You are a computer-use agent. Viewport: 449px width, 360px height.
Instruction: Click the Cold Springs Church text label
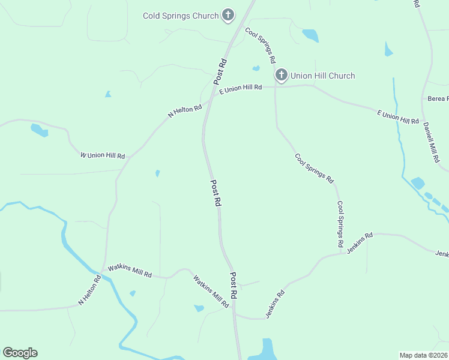coord(180,16)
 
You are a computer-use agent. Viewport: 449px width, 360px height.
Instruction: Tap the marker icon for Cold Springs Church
coord(228,15)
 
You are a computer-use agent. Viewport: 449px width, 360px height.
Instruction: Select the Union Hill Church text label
coord(322,76)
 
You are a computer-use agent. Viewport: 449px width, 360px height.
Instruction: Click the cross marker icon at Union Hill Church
coord(282,75)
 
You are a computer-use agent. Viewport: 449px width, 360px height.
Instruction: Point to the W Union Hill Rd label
coord(103,155)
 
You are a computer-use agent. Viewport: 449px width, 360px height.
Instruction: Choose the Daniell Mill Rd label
coord(431,143)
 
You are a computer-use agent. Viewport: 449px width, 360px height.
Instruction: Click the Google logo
coord(20,352)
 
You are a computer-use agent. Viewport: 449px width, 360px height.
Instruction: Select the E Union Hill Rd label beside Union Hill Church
coord(241,88)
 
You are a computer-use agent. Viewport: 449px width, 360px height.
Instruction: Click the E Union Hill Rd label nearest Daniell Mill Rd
coord(397,117)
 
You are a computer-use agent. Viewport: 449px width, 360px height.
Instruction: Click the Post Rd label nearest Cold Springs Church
coord(220,71)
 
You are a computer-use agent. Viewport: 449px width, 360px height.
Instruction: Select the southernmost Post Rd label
coord(234,286)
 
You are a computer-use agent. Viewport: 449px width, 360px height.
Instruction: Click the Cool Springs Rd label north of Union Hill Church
coord(261,45)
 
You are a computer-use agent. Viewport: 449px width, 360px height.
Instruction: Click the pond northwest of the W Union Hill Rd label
coord(39,130)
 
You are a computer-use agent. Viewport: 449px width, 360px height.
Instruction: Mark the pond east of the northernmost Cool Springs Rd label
coord(310,35)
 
